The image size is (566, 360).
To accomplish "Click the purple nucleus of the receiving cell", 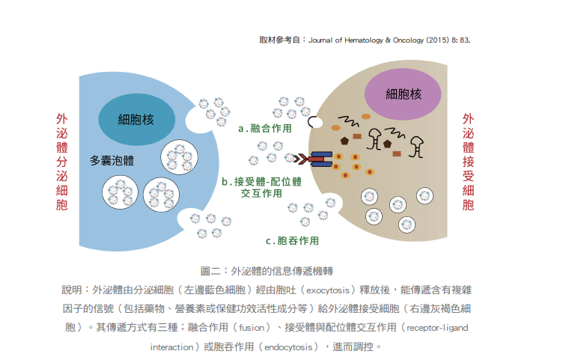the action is tap(403, 94).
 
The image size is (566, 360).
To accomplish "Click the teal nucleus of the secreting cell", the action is tap(137, 120).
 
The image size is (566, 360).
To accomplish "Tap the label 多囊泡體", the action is tap(112, 160).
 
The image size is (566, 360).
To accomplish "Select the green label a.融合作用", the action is tap(265, 129).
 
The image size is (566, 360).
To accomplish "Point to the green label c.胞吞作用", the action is tap(293, 240).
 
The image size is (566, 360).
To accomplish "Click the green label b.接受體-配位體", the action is tap(262, 182).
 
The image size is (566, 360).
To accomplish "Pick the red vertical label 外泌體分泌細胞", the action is tap(61, 162).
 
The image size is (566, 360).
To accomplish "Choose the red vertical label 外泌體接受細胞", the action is tap(468, 162).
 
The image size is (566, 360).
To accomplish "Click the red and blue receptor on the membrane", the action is tap(320, 159).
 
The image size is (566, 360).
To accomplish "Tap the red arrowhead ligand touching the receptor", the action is tap(301, 159).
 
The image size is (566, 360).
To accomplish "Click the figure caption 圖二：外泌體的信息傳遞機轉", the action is tap(267, 271).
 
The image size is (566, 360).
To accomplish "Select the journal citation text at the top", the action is tap(365, 40).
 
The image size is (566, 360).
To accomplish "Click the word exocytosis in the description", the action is tap(328, 290).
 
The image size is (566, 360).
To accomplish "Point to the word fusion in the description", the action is tap(252, 328).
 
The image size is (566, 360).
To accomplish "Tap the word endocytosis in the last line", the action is tap(288, 347).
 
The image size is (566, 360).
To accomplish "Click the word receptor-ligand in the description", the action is tap(437, 328).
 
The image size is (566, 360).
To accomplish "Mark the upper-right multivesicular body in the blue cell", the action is tap(180, 157).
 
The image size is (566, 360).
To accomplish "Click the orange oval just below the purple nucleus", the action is tap(366, 117).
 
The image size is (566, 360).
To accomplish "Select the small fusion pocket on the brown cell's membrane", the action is tap(314, 122).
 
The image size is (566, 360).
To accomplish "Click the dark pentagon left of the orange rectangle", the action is tap(344, 141).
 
